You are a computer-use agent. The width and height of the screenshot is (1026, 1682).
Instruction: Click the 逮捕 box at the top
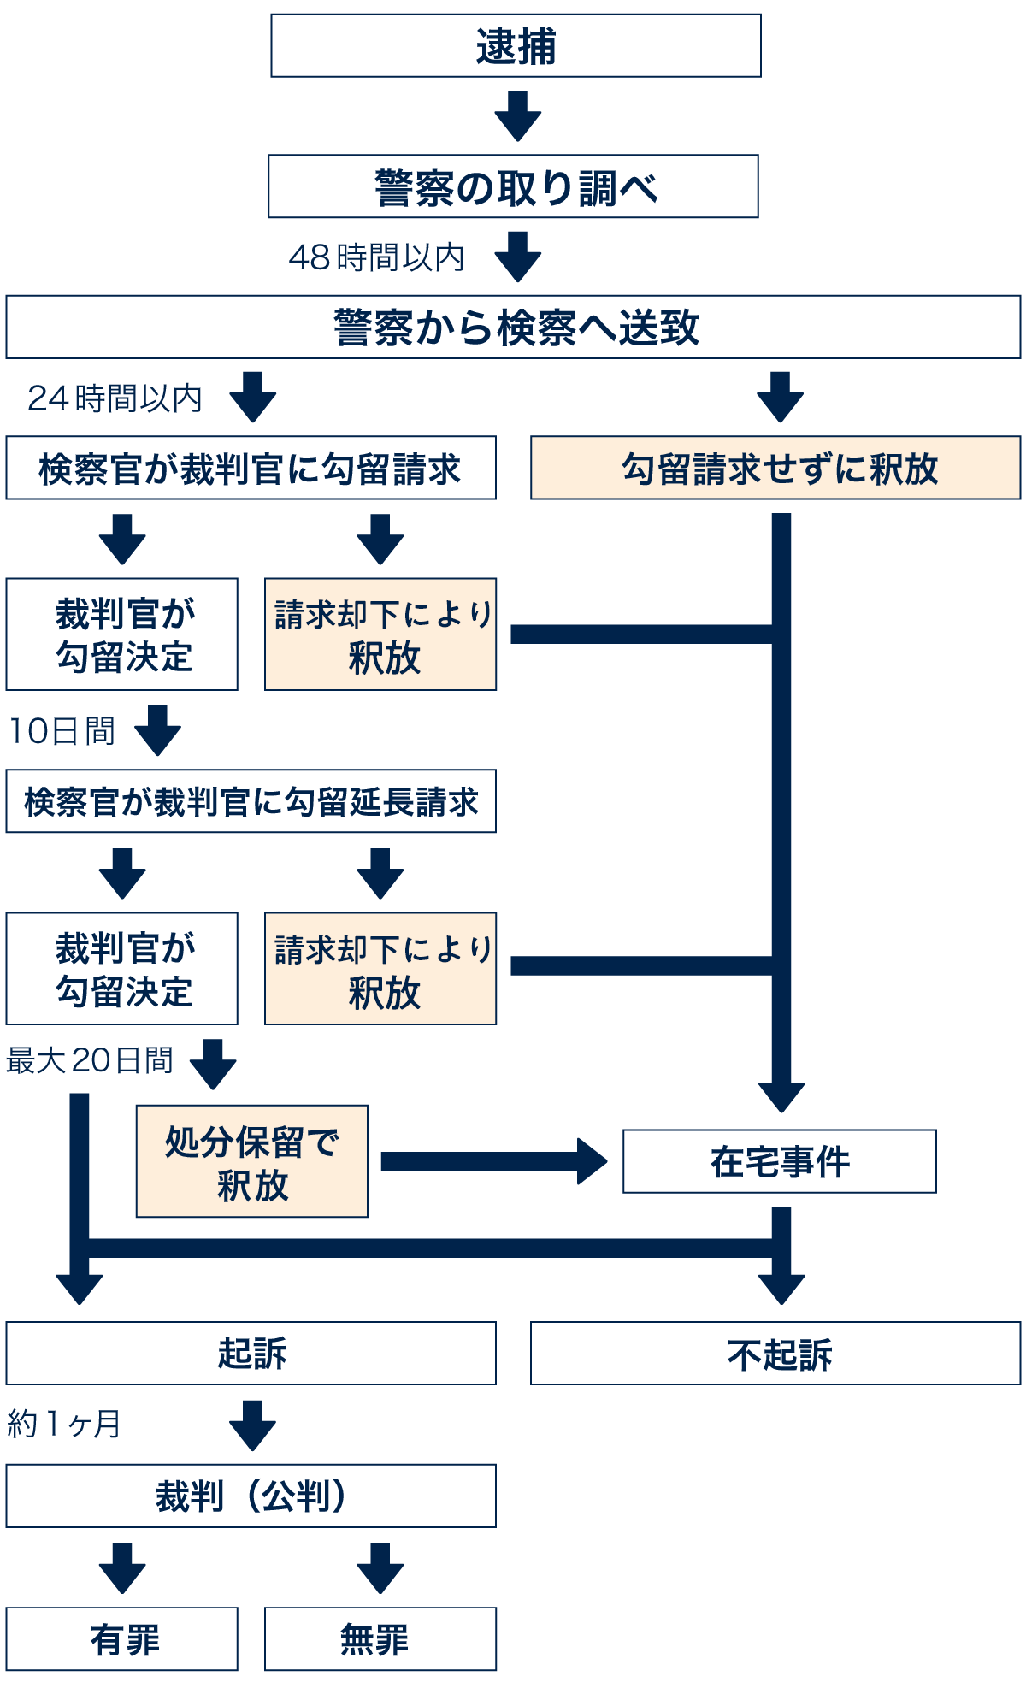coord(516,45)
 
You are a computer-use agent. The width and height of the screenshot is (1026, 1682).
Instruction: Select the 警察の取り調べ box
coord(513,186)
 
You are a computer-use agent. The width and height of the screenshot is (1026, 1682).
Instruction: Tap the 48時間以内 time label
coord(376,257)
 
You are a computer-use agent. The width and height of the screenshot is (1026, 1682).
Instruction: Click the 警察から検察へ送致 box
coord(513,327)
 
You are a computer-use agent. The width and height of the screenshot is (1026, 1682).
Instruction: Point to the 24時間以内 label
coord(115,398)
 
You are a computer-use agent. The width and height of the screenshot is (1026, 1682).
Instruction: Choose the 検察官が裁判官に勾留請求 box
coord(251,468)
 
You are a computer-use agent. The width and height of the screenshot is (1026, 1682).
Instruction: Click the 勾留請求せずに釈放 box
coord(775,468)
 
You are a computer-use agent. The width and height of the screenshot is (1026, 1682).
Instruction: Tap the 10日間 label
coord(62,730)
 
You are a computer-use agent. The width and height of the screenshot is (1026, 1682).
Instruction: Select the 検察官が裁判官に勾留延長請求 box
coord(251,801)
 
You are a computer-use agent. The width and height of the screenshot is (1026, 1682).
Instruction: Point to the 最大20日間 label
coord(89,1060)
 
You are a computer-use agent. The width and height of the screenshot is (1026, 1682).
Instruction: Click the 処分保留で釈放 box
coord(251,1160)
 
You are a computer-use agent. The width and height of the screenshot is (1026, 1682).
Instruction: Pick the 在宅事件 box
coord(779,1160)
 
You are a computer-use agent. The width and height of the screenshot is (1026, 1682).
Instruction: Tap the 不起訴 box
coord(775,1354)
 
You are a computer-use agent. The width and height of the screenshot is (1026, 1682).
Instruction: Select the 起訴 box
coord(251,1353)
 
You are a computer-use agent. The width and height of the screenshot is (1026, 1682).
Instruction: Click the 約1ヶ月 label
coord(63,1424)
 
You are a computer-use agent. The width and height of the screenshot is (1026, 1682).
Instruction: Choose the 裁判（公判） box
coord(251,1496)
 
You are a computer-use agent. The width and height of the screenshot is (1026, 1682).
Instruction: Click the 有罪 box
coord(121,1638)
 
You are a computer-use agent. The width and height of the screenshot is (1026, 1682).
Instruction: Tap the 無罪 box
coord(380,1638)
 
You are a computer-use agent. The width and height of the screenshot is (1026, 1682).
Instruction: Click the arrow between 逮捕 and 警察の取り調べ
coord(517,115)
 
